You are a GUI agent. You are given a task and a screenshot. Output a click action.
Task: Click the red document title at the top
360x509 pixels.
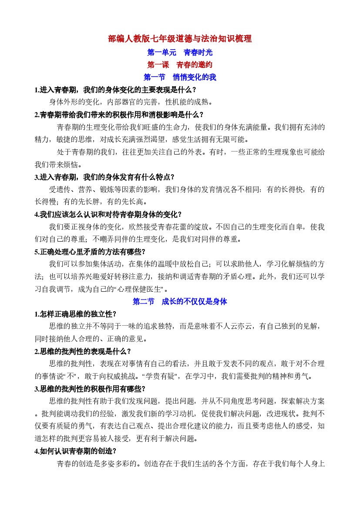(x=180, y=39)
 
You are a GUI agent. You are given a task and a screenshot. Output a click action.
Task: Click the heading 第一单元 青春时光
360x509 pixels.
(x=180, y=52)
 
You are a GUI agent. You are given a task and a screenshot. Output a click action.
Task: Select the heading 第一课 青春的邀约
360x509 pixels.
(x=180, y=65)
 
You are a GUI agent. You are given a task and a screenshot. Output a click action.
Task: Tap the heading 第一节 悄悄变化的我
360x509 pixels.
(x=180, y=78)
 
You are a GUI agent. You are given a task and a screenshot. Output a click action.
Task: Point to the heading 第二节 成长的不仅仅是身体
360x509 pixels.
(x=180, y=301)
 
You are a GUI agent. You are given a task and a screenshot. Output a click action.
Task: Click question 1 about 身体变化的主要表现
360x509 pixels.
(x=115, y=90)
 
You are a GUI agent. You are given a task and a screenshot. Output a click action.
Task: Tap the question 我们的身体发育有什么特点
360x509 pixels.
(x=104, y=177)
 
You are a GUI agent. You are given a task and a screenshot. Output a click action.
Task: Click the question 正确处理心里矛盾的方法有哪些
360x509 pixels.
(x=90, y=252)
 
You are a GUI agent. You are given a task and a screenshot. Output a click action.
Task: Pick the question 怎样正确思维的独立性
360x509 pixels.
(x=75, y=314)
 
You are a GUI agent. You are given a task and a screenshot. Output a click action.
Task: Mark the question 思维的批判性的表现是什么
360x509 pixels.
(x=82, y=351)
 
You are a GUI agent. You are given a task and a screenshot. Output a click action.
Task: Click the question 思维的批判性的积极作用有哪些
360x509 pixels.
(x=90, y=388)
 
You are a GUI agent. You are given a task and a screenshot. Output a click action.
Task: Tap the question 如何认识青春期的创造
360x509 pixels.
(x=75, y=451)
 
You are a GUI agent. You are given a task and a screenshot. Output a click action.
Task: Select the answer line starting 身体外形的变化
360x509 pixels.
(x=131, y=103)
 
